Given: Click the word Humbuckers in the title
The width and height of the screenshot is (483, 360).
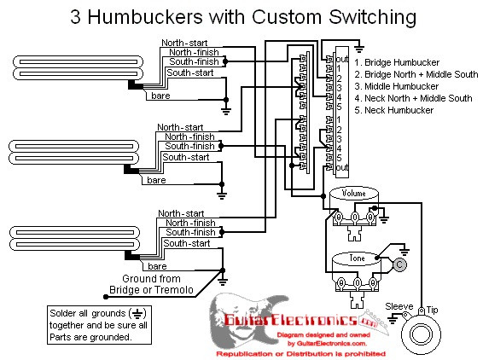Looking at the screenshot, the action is pyautogui.click(x=145, y=16).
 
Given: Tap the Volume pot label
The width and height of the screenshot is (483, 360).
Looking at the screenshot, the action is pyautogui.click(x=353, y=193).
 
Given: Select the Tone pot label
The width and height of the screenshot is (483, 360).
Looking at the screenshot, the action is pyautogui.click(x=357, y=258).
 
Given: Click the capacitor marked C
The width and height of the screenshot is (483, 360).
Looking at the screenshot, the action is pyautogui.click(x=399, y=264).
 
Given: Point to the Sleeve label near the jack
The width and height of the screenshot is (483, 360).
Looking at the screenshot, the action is pyautogui.click(x=399, y=306).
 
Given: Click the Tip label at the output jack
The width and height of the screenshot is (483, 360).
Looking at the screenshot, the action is pyautogui.click(x=432, y=310).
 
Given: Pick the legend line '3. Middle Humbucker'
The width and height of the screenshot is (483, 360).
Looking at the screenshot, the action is pyautogui.click(x=396, y=86).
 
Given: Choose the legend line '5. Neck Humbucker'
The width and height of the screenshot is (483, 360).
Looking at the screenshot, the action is pyautogui.click(x=393, y=110).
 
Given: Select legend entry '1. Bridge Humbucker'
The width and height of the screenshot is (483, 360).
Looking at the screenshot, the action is pyautogui.click(x=397, y=62).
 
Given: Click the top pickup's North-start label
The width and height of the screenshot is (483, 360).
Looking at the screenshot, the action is pyautogui.click(x=184, y=43).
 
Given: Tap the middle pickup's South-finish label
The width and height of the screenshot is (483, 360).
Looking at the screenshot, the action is pyautogui.click(x=189, y=146).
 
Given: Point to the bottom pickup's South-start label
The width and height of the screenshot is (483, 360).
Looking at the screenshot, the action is pyautogui.click(x=187, y=243).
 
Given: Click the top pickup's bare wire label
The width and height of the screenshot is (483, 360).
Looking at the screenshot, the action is pyautogui.click(x=160, y=96).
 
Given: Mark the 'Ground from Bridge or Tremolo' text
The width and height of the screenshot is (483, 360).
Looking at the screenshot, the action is pyautogui.click(x=151, y=284).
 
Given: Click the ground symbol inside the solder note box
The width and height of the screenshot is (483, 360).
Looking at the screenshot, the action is pyautogui.click(x=137, y=314).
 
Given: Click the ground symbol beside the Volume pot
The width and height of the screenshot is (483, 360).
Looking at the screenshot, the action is pyautogui.click(x=383, y=220).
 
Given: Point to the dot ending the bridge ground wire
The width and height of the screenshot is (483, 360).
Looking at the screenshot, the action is pyautogui.click(x=106, y=297).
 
